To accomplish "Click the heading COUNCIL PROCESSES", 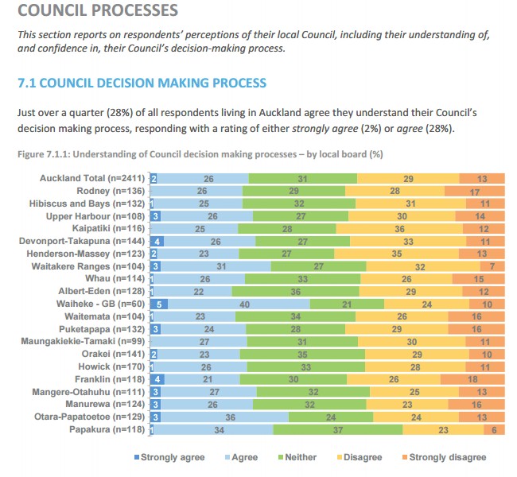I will pyautogui.click(x=97, y=12).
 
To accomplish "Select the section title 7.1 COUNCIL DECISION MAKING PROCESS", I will pyautogui.click(x=142, y=83).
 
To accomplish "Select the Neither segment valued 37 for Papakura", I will pyautogui.click(x=338, y=430).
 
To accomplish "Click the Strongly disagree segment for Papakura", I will pyautogui.click(x=495, y=430).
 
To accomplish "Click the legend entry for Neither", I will pyautogui.click(x=297, y=457).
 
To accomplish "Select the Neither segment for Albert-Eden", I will pyautogui.click(x=296, y=291).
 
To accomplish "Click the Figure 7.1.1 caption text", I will pyautogui.click(x=185, y=153).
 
